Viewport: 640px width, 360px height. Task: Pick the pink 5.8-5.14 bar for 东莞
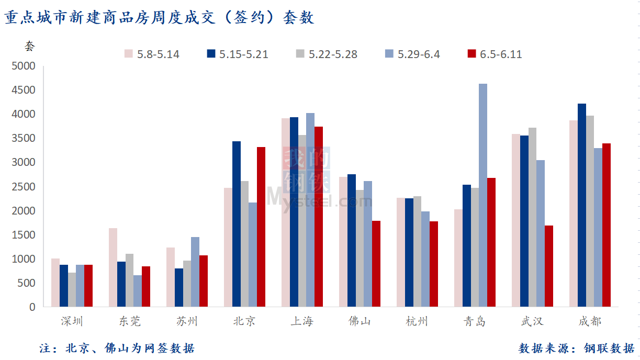[113, 267]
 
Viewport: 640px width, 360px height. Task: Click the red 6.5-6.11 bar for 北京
[261, 227]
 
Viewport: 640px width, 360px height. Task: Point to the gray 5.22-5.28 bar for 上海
[302, 221]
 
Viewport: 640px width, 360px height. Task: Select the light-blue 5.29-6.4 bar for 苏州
[195, 272]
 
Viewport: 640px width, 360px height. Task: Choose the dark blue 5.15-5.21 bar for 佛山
[352, 240]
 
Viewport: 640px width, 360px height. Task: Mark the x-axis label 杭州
[417, 321]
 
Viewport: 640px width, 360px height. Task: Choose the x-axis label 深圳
[72, 321]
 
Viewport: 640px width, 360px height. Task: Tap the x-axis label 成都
[590, 321]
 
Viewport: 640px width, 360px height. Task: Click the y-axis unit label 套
[29, 46]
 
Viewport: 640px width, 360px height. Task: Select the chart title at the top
[160, 18]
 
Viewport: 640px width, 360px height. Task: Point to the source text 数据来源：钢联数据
[576, 348]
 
